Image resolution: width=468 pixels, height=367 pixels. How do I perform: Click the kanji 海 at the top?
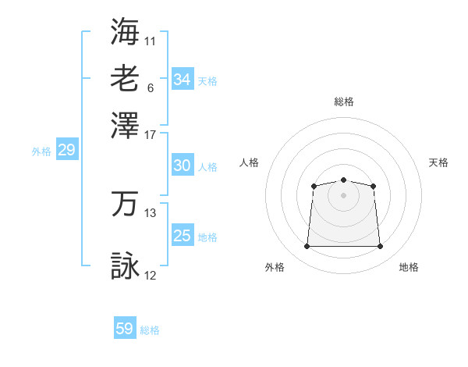tap(125, 31)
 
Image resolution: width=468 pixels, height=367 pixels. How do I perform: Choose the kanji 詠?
tap(125, 266)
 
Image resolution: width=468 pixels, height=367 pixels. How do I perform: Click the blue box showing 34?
tap(182, 80)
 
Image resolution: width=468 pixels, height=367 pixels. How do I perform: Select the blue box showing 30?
tap(182, 166)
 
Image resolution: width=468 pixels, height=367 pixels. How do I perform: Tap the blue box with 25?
tap(182, 236)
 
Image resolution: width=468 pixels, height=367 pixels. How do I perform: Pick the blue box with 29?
tap(66, 151)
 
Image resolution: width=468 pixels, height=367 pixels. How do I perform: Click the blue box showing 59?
tap(125, 329)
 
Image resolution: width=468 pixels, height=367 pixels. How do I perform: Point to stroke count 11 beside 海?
tap(150, 40)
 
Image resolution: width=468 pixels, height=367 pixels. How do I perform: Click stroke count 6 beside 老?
tap(150, 87)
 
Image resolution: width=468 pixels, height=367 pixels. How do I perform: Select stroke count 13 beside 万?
tap(150, 212)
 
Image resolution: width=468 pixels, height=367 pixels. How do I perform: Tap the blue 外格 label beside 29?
tap(41, 151)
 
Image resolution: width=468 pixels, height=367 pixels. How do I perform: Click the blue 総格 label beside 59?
tap(150, 330)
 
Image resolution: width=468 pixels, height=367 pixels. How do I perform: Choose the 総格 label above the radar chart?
tap(343, 102)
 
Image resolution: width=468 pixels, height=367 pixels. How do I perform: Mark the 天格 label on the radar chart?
tap(438, 162)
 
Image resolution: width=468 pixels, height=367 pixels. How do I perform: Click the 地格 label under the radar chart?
tap(409, 268)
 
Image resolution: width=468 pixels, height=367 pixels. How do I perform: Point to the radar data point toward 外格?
tap(307, 247)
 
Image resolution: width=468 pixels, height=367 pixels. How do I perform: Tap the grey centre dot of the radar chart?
tap(343, 195)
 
